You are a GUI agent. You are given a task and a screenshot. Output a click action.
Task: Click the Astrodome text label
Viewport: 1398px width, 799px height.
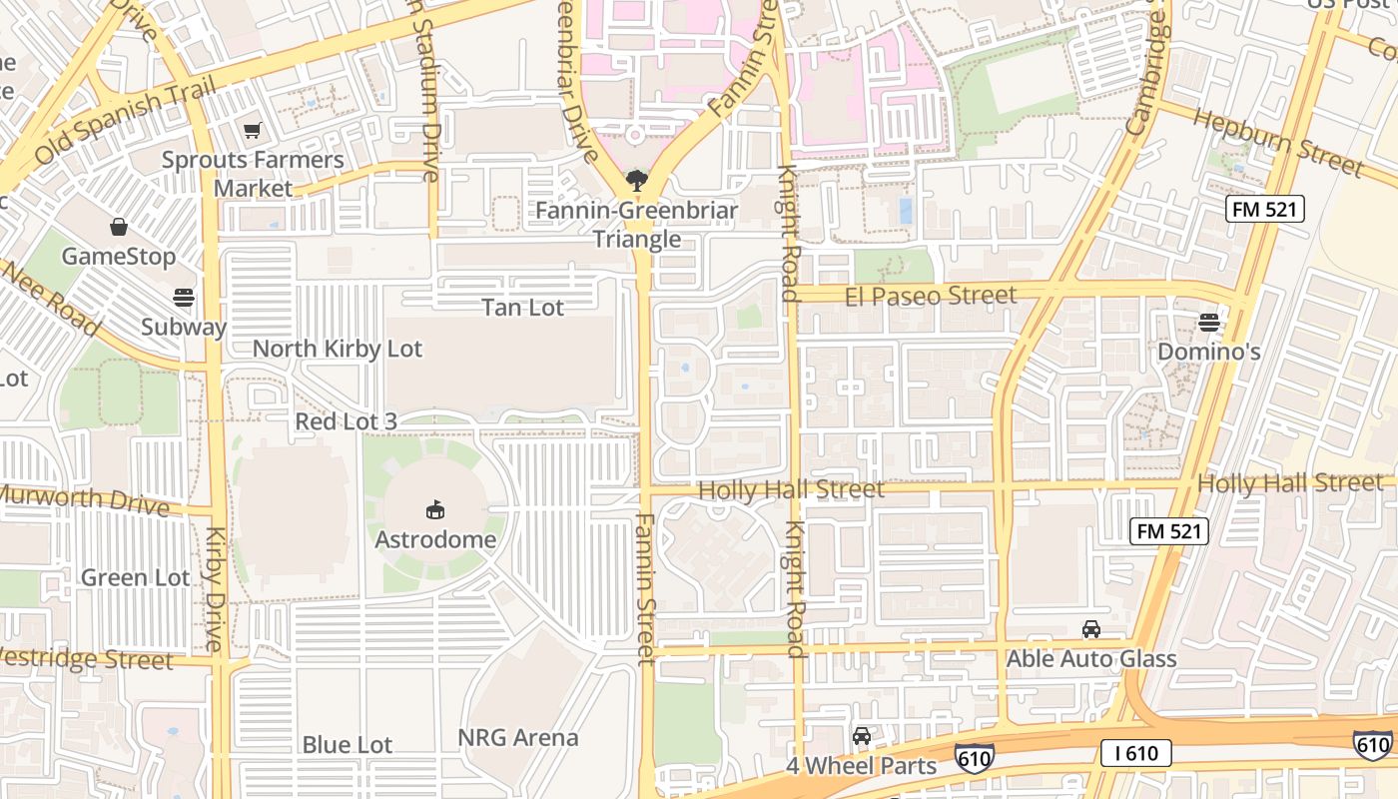(435, 539)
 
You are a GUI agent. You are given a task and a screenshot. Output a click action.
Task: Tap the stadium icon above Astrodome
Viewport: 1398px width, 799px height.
(435, 510)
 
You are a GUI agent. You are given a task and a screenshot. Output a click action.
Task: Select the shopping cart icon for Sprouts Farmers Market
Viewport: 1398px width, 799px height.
(253, 131)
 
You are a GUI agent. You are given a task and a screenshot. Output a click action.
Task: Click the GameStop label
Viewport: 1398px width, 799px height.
(119, 257)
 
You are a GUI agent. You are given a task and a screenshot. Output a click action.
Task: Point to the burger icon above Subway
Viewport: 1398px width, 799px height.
(184, 297)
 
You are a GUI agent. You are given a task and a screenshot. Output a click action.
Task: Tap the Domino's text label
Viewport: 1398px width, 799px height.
(1208, 352)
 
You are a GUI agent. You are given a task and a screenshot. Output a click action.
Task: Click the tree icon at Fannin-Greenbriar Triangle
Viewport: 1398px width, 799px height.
(636, 181)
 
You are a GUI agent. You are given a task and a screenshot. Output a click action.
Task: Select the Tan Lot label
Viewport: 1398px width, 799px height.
(523, 308)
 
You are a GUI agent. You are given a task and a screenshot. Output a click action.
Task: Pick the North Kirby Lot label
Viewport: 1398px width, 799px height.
(338, 349)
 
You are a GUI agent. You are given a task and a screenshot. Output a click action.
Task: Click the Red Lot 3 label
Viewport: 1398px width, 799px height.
(346, 421)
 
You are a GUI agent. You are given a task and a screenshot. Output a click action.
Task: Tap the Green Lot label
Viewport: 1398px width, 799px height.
(135, 577)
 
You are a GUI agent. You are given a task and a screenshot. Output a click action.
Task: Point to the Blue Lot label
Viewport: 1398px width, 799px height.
(348, 745)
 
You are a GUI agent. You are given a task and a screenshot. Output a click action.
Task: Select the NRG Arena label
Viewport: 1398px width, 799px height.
(518, 738)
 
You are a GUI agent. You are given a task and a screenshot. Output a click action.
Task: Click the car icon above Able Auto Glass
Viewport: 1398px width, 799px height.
(1091, 629)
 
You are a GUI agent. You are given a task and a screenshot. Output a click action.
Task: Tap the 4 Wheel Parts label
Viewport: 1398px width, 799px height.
(861, 766)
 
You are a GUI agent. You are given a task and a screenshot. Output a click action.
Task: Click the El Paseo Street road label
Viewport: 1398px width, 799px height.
(931, 296)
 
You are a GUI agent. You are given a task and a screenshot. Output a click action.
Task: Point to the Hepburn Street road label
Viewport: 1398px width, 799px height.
(1277, 140)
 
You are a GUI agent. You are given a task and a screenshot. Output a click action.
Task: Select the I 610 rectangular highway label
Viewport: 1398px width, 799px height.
(1136, 753)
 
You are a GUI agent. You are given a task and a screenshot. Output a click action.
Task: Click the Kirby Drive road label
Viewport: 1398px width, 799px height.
(216, 574)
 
